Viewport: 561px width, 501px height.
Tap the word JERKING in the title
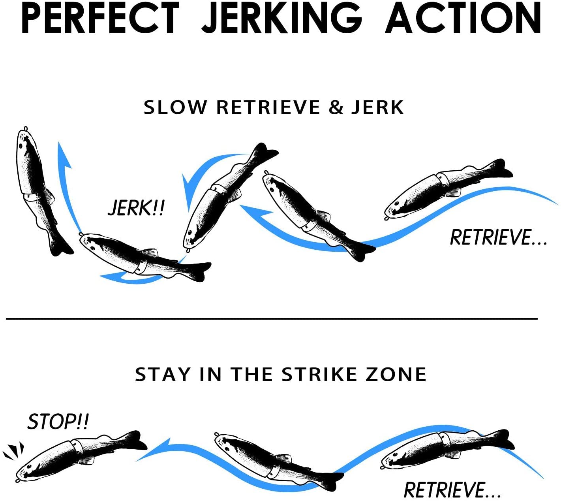coord(282,18)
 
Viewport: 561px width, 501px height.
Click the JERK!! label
coord(136,208)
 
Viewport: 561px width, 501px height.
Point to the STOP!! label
coord(58,422)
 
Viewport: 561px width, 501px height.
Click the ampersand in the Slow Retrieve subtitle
coord(336,107)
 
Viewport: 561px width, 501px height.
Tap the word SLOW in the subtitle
coord(175,107)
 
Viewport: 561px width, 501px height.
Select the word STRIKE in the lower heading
coord(319,374)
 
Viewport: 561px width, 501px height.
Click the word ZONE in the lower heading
coord(396,374)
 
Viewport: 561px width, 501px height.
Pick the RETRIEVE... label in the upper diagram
coord(499,237)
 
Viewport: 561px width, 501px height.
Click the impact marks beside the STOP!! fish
coord(13,451)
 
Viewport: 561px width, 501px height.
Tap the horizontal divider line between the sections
coord(272,319)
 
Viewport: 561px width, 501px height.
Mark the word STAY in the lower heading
coord(163,374)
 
